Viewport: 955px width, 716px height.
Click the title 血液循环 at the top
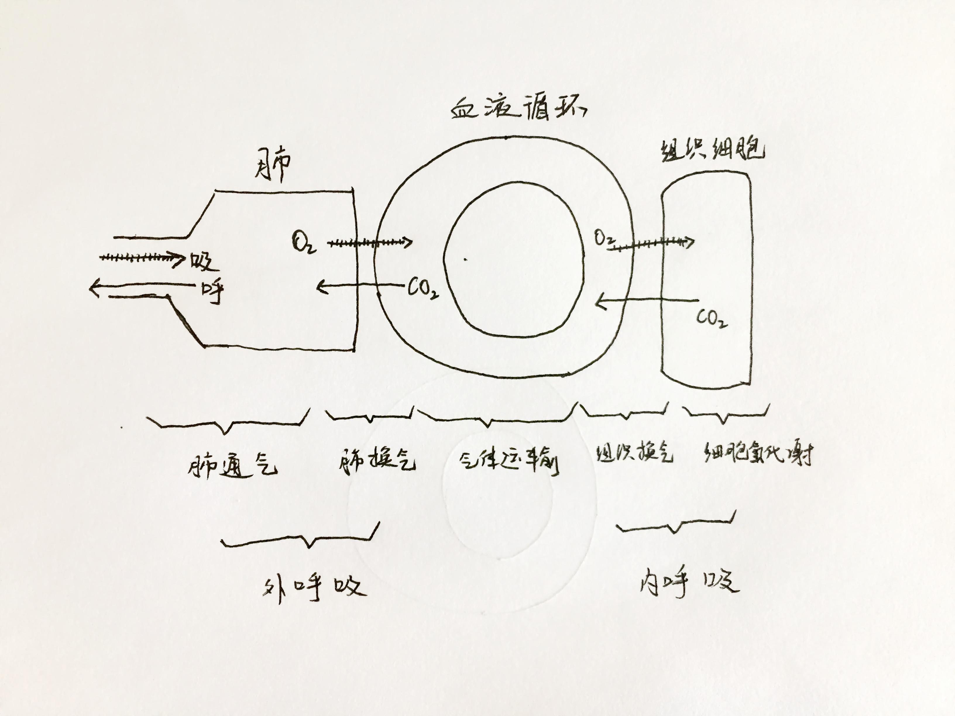[518, 109]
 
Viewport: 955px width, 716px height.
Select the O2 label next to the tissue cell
[604, 239]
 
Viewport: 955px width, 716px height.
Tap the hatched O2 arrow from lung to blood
[369, 243]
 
